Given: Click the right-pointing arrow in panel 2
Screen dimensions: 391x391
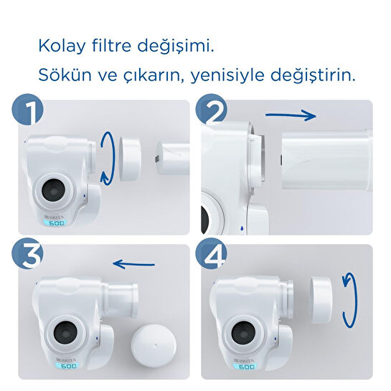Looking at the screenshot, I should click(x=291, y=114).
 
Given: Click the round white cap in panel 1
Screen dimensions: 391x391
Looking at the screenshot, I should click(x=130, y=155).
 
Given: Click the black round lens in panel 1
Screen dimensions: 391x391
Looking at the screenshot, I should click(x=55, y=190).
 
